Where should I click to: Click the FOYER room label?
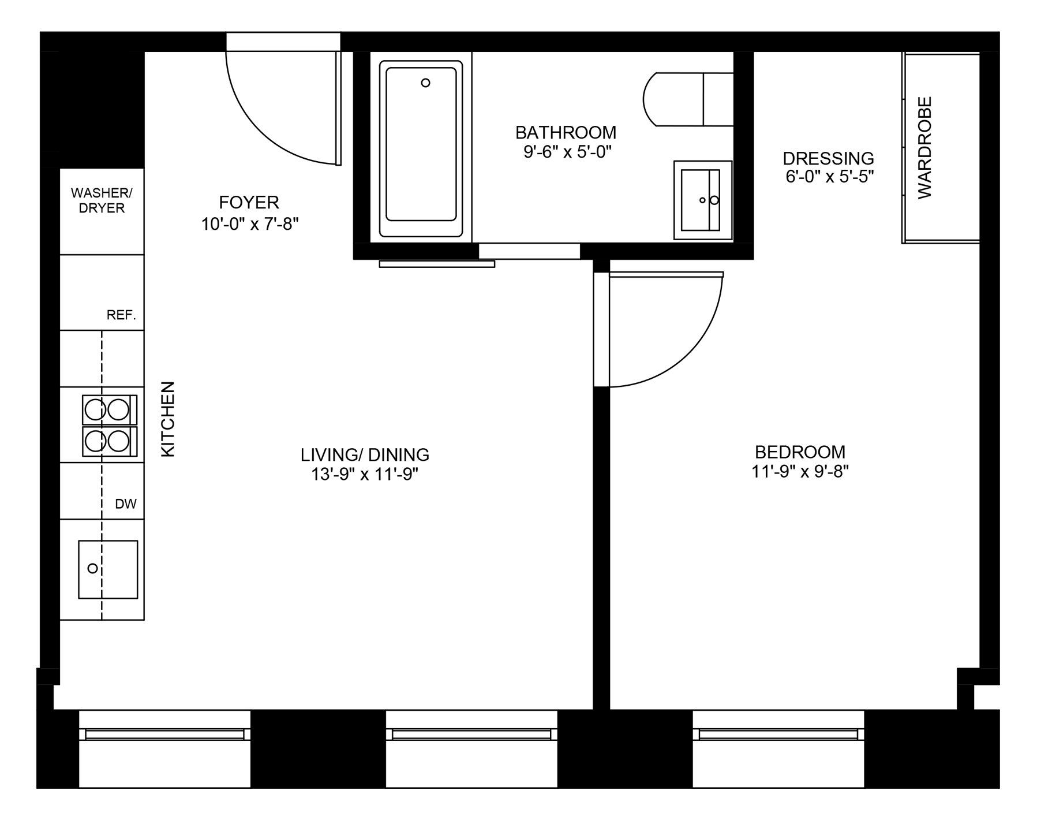click(249, 202)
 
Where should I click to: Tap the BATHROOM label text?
click(566, 133)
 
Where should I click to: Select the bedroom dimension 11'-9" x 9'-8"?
click(800, 472)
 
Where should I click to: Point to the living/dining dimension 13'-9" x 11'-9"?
click(365, 475)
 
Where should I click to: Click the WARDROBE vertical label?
click(925, 148)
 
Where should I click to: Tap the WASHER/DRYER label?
click(102, 200)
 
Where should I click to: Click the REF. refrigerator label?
click(121, 315)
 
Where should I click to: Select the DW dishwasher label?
click(126, 504)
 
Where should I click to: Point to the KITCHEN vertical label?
click(167, 419)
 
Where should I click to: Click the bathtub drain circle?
click(425, 83)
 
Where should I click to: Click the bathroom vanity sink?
click(702, 200)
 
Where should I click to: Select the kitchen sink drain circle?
click(92, 569)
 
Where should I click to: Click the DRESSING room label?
click(828, 158)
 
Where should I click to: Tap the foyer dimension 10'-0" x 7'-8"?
click(250, 224)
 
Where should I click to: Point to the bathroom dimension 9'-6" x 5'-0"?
click(567, 152)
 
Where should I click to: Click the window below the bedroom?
click(778, 748)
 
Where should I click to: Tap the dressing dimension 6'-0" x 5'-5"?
click(829, 177)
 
